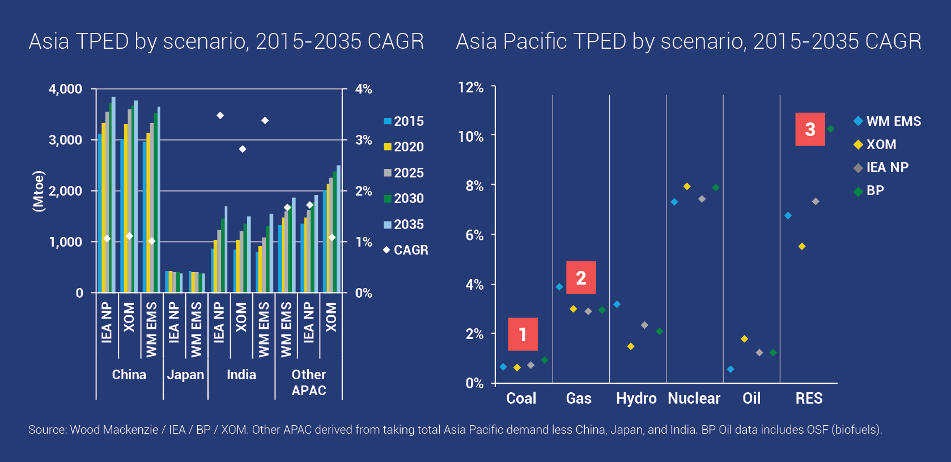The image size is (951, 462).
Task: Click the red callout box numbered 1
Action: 523,334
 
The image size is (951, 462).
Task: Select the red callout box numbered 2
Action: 581,277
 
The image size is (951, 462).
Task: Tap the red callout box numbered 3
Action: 810,129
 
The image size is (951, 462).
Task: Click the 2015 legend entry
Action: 404,121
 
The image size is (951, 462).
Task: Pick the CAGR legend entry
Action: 406,250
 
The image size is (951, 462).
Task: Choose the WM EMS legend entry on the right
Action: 887,121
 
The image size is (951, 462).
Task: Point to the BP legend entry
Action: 869,191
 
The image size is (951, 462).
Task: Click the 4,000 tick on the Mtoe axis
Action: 65,89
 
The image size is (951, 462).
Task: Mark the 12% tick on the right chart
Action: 470,87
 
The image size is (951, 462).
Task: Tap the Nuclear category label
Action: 694,399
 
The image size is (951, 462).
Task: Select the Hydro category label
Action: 636,399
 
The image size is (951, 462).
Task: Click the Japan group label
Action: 185,375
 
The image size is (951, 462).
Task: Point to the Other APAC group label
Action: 309,383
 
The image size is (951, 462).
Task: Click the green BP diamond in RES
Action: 830,129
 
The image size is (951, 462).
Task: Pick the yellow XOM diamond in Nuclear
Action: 687,187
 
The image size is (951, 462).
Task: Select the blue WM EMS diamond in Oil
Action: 731,370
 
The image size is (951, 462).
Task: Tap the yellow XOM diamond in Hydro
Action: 631,346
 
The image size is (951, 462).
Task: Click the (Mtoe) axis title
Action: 39,191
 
